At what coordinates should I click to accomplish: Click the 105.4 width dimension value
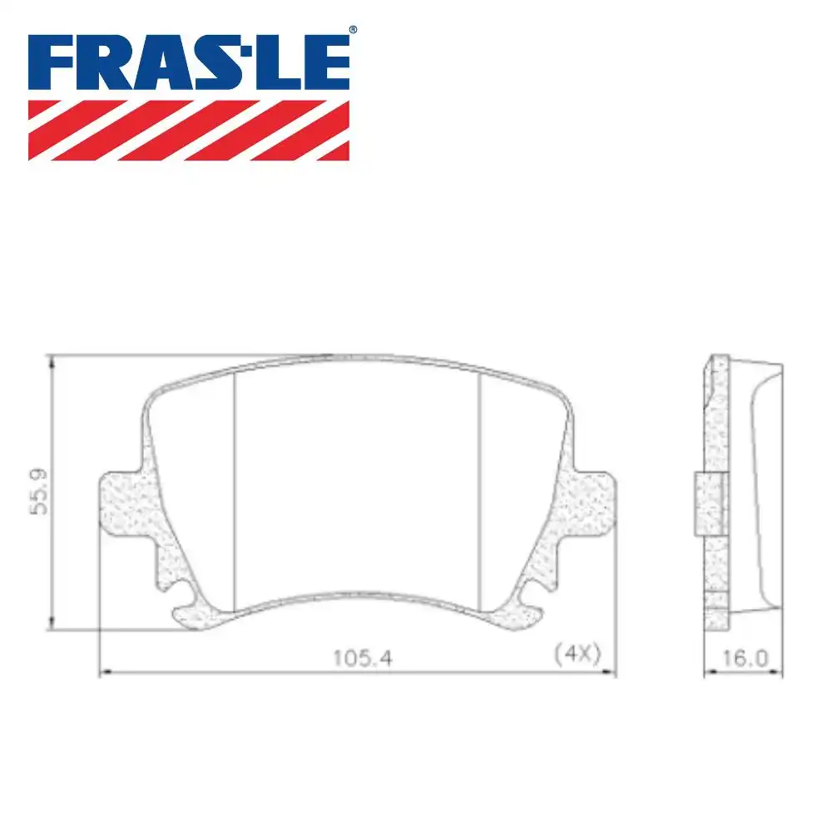[362, 657]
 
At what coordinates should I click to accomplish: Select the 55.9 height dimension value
[38, 493]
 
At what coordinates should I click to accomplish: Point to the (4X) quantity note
[577, 653]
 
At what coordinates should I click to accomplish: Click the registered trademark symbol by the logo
[353, 30]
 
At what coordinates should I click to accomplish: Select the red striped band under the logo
[189, 130]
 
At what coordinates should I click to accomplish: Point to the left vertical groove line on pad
[236, 491]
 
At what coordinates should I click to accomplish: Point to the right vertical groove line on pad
[479, 491]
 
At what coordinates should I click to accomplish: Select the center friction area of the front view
[358, 483]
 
